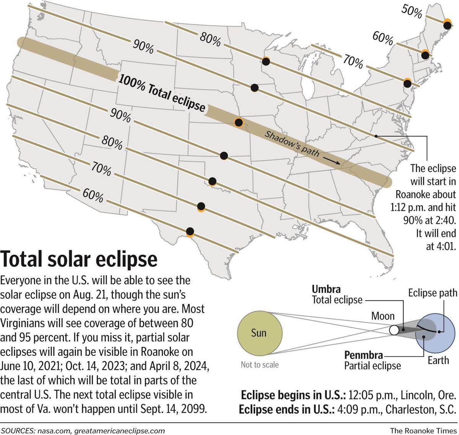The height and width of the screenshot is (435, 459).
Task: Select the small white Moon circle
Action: [394, 330]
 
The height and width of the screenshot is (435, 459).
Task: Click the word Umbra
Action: [326, 289]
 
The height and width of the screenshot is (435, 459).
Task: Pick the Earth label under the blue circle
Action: [438, 360]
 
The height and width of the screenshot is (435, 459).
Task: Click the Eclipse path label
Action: [433, 293]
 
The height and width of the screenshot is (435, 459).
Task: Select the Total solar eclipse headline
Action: [79, 259]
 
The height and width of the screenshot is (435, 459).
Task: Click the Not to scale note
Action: [260, 365]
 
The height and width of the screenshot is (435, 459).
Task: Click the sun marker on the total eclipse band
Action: [239, 122]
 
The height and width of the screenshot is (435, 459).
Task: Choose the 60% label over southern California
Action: [93, 196]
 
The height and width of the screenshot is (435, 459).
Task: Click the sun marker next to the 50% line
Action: [447, 25]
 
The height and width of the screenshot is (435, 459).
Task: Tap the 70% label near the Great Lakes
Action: [353, 62]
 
